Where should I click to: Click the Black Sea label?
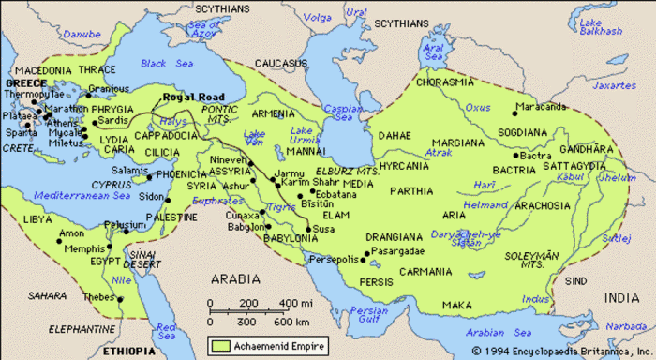(x=165, y=64)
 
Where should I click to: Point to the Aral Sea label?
(x=431, y=50)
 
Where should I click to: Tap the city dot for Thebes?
(x=121, y=297)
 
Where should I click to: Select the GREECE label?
(x=25, y=82)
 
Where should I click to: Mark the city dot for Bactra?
(x=515, y=155)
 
